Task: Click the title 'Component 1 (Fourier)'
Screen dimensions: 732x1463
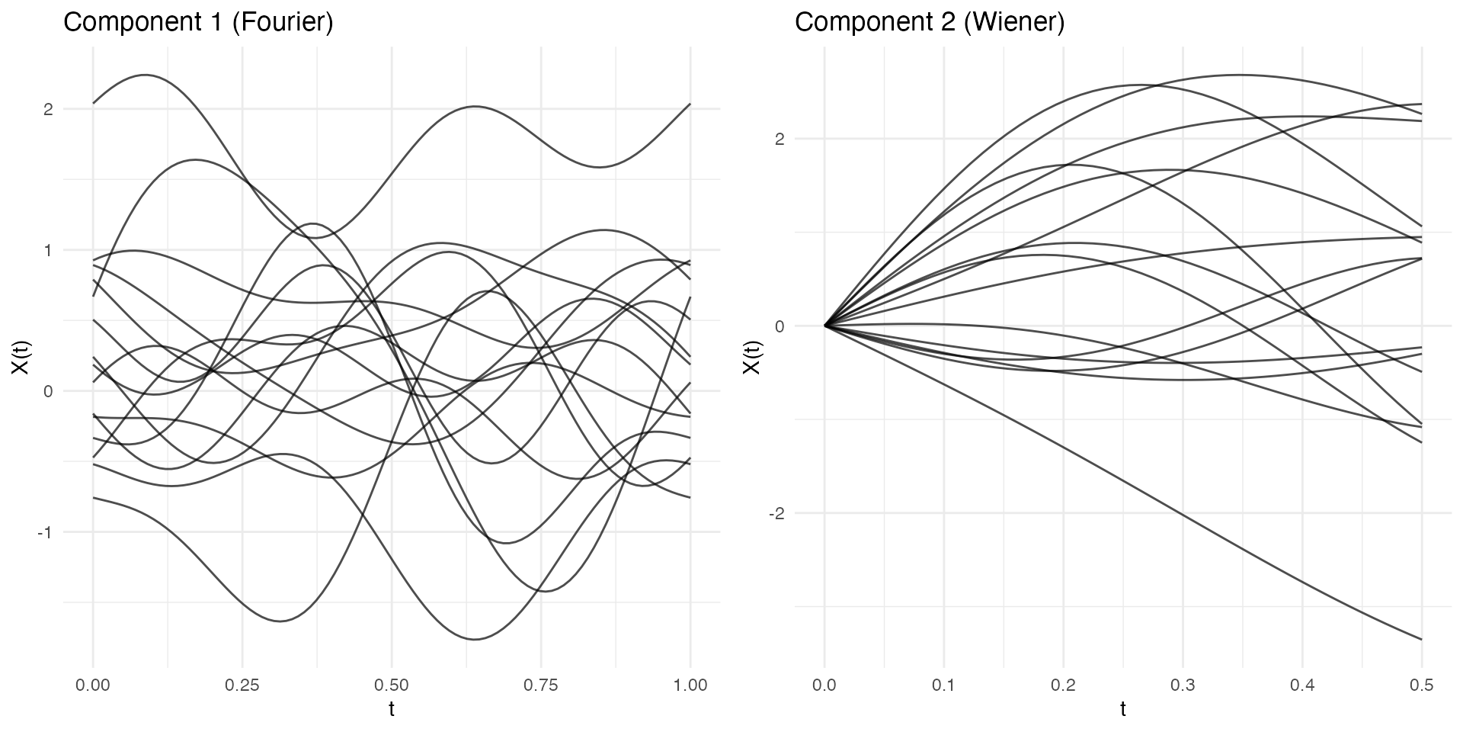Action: pyautogui.click(x=198, y=22)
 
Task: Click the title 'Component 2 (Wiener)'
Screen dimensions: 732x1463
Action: pyautogui.click(x=930, y=22)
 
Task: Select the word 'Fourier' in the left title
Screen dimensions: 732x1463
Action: pyautogui.click(x=282, y=22)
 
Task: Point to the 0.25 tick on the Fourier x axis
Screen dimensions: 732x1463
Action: pyautogui.click(x=242, y=685)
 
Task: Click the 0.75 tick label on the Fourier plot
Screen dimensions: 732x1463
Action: pyautogui.click(x=541, y=685)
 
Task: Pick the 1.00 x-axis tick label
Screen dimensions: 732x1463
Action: pyautogui.click(x=690, y=685)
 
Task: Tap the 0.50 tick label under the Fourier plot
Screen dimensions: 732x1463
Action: pyautogui.click(x=392, y=685)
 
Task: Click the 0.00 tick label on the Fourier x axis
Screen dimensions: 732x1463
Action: pyautogui.click(x=93, y=685)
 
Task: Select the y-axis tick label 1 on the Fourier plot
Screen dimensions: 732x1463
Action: pyautogui.click(x=48, y=250)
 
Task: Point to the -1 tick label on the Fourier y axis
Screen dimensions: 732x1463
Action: pyautogui.click(x=45, y=532)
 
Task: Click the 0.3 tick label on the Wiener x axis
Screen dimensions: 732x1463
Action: pyautogui.click(x=1183, y=685)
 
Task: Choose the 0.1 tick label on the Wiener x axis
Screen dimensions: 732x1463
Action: pyautogui.click(x=944, y=685)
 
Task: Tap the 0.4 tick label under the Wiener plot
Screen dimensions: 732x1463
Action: pyautogui.click(x=1303, y=685)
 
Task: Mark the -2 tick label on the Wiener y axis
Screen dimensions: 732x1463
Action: pyautogui.click(x=776, y=513)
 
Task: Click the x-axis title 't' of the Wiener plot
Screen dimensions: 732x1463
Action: pyautogui.click(x=1123, y=710)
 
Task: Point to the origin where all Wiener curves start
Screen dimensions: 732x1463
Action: pyautogui.click(x=824, y=326)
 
